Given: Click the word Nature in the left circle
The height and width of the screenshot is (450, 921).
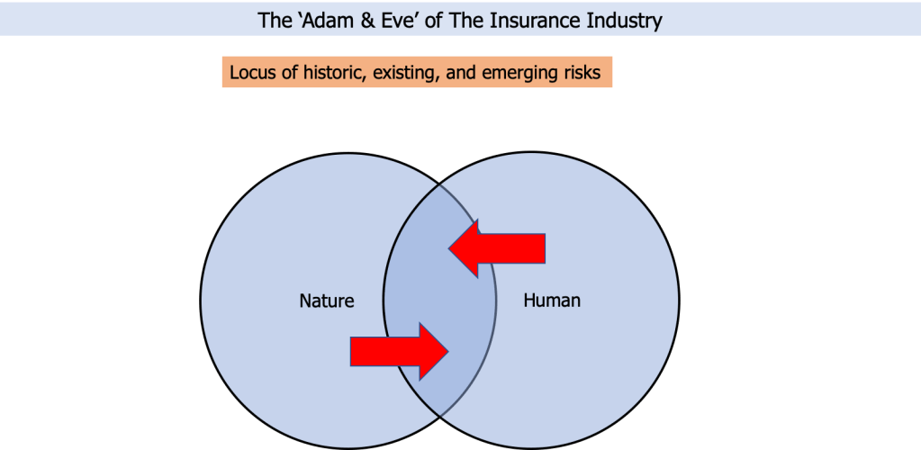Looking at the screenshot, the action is pos(327,301).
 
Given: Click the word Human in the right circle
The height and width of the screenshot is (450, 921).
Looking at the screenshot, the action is pos(552,301).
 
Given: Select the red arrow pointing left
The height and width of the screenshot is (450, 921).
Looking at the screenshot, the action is pos(497,247).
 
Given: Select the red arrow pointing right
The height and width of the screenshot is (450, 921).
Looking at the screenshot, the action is pos(400,351).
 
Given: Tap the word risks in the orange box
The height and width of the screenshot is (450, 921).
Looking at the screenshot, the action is pos(582,73).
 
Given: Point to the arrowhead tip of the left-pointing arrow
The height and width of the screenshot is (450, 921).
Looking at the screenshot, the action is pos(448,247).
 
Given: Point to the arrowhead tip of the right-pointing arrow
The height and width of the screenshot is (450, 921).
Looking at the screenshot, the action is pos(448,351).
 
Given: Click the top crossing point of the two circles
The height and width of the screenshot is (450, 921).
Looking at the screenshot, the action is pos(440,184).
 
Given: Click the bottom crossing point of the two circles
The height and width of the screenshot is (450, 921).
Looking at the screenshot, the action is pos(440,417).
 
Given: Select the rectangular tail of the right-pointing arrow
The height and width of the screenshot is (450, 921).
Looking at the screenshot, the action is pos(384,351).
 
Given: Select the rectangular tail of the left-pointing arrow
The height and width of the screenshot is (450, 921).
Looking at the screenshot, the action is pos(511,247).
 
